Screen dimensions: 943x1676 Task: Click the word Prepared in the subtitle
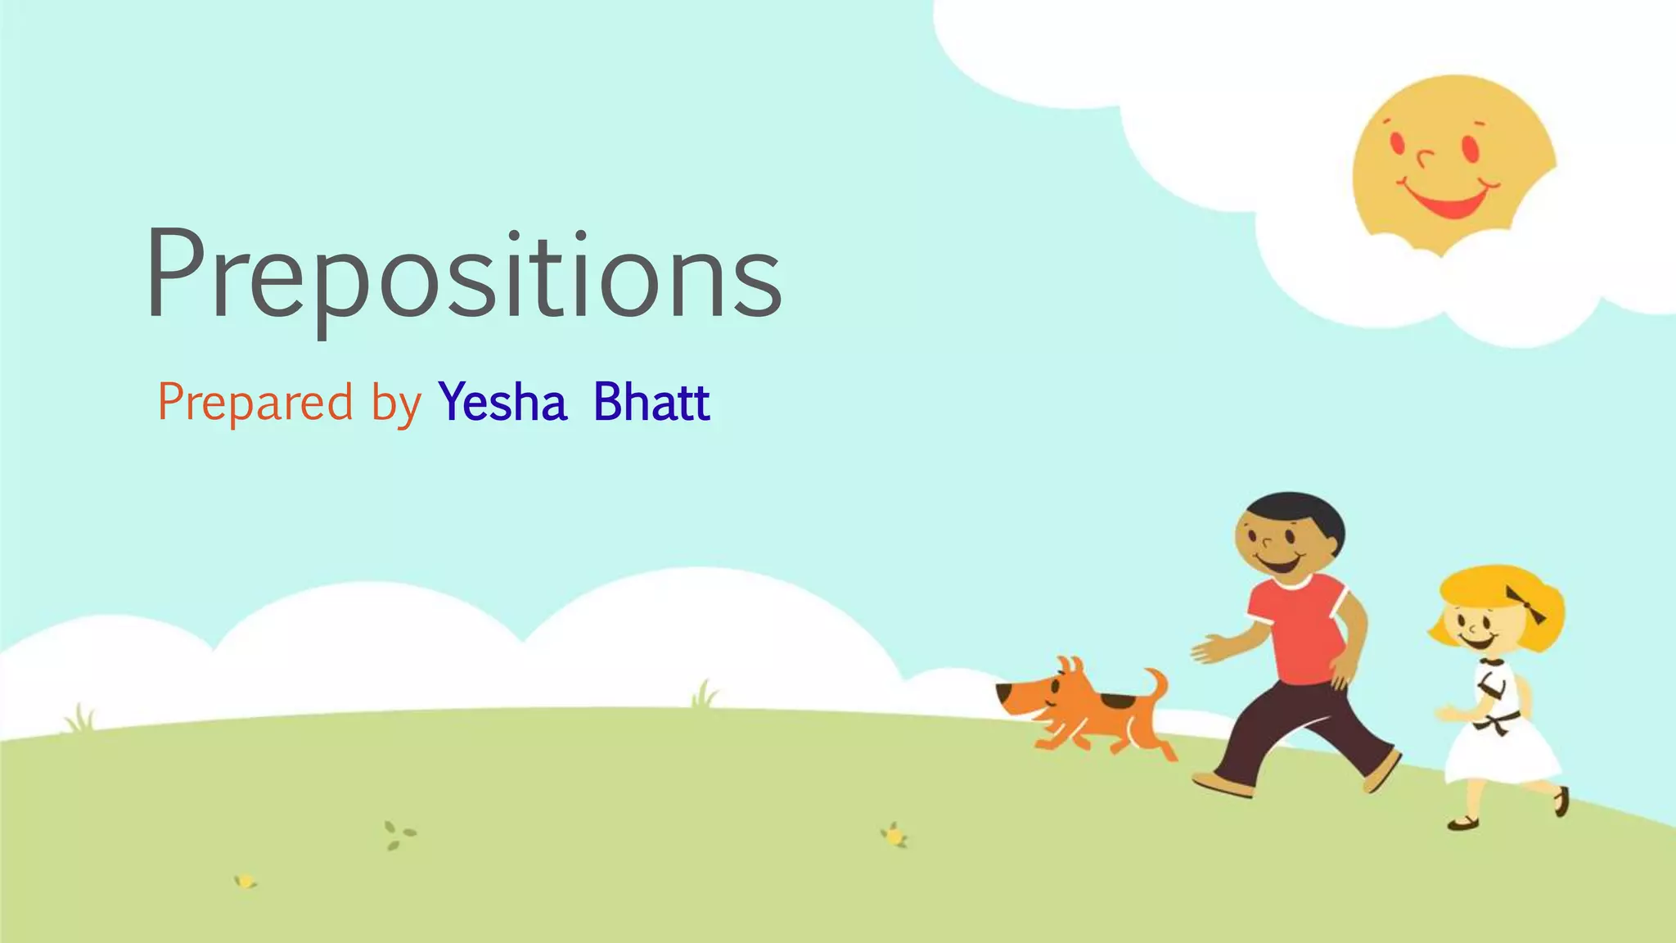pos(255,403)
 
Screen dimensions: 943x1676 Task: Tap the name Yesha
pos(502,403)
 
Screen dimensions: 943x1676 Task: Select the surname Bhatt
pos(651,402)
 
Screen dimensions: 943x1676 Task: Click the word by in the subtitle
pos(396,405)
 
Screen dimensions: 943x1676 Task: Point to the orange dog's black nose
pos(1003,694)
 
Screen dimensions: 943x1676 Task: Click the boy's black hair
pos(1301,511)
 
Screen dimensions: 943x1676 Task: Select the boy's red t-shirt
pos(1301,626)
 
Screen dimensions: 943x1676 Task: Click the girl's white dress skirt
pos(1502,753)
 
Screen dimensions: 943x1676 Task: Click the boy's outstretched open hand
pos(1210,652)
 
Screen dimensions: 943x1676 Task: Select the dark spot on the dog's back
pos(1115,702)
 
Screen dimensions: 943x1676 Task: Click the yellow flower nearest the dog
pos(895,836)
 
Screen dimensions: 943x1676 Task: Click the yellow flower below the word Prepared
pos(246,882)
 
